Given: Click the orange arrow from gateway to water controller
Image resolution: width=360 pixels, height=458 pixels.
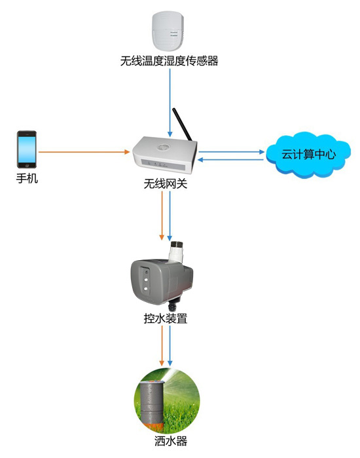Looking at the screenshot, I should (161, 216).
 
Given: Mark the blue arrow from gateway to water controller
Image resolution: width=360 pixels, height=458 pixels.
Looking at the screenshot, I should (170, 216).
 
